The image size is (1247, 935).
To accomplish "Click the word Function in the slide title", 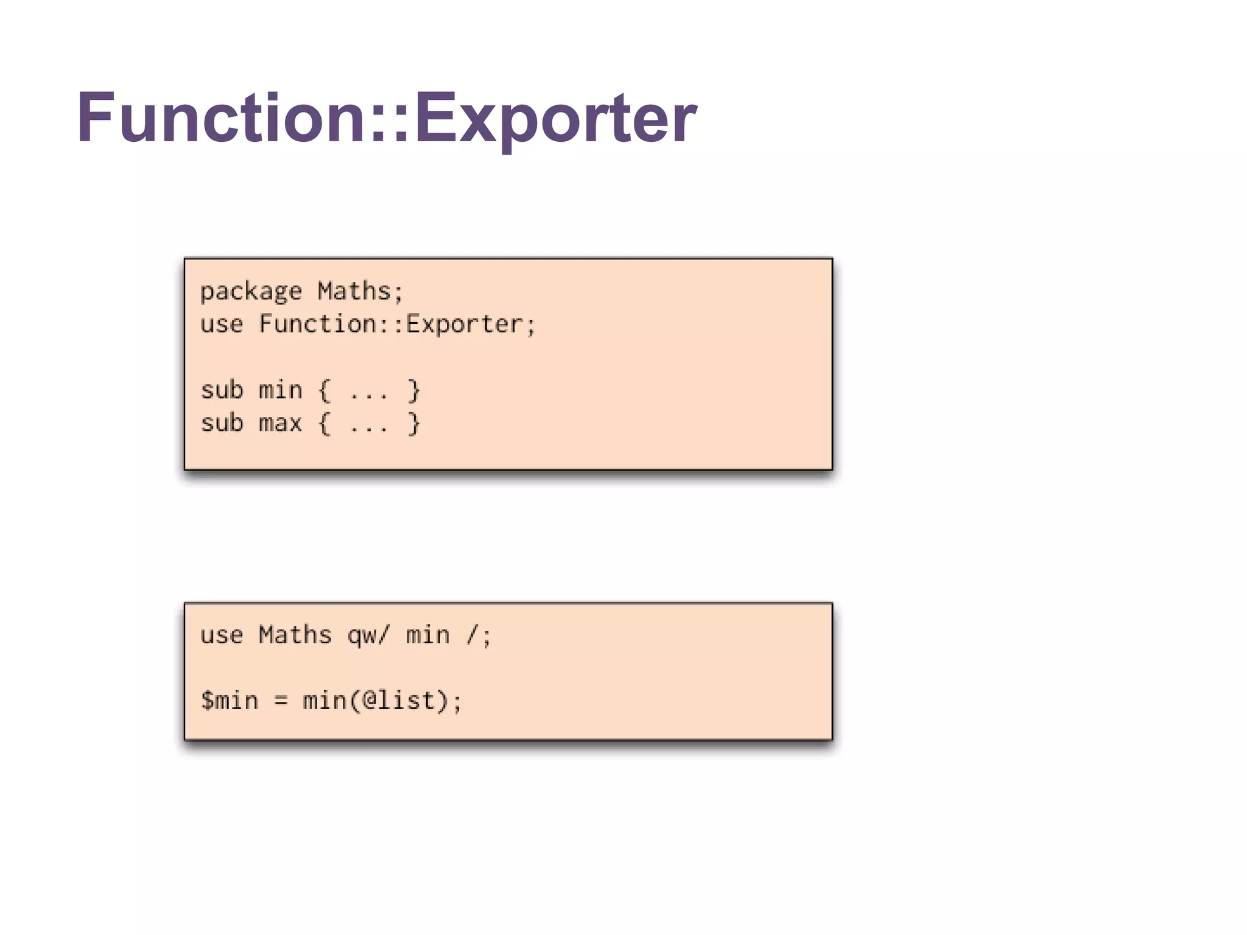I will pos(220,117).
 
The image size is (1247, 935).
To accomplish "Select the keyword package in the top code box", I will pos(251,292).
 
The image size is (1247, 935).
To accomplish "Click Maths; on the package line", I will pos(360,291).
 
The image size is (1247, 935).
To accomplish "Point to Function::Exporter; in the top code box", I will pos(398,324).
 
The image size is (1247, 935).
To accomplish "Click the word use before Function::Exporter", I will pos(222,324).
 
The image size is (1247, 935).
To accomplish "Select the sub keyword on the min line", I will pos(222,390).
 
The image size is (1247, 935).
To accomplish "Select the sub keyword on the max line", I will pos(222,423).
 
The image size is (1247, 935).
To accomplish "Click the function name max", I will pos(280,423).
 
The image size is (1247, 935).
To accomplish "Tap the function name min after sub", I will pos(280,390).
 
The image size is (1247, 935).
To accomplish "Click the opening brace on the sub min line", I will pos(325,390).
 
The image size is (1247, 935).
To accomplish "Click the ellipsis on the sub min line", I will pos(369,393).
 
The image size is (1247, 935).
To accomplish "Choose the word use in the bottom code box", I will pos(222,636).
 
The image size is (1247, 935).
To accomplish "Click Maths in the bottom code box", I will pos(295,635).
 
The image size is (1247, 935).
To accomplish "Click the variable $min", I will pos(230,701).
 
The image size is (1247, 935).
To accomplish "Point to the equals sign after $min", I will pos(281,701).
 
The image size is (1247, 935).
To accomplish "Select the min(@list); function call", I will pos(383,701).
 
